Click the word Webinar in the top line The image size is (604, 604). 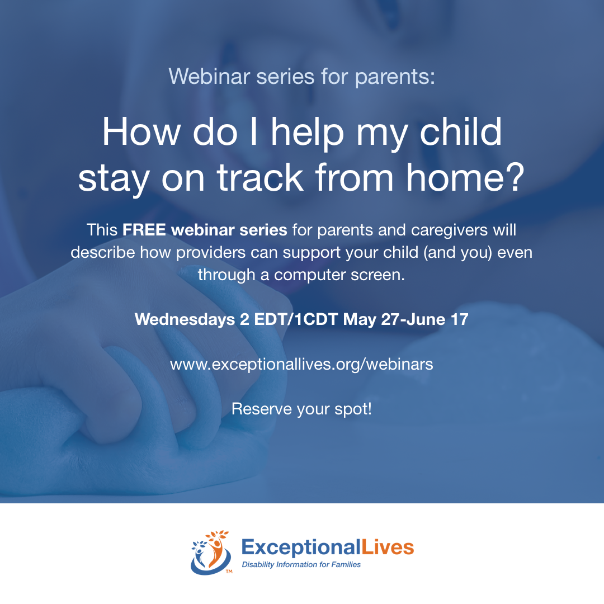210,76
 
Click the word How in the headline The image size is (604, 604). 141,132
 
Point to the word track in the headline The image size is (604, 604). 261,177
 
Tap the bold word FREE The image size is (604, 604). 144,230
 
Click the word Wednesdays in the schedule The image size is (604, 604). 185,319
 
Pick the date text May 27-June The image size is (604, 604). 394,320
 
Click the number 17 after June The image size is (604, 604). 460,319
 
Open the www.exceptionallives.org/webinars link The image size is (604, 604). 301,365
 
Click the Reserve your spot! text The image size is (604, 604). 301,409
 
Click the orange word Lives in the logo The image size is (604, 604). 388,547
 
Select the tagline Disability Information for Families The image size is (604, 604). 301,565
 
